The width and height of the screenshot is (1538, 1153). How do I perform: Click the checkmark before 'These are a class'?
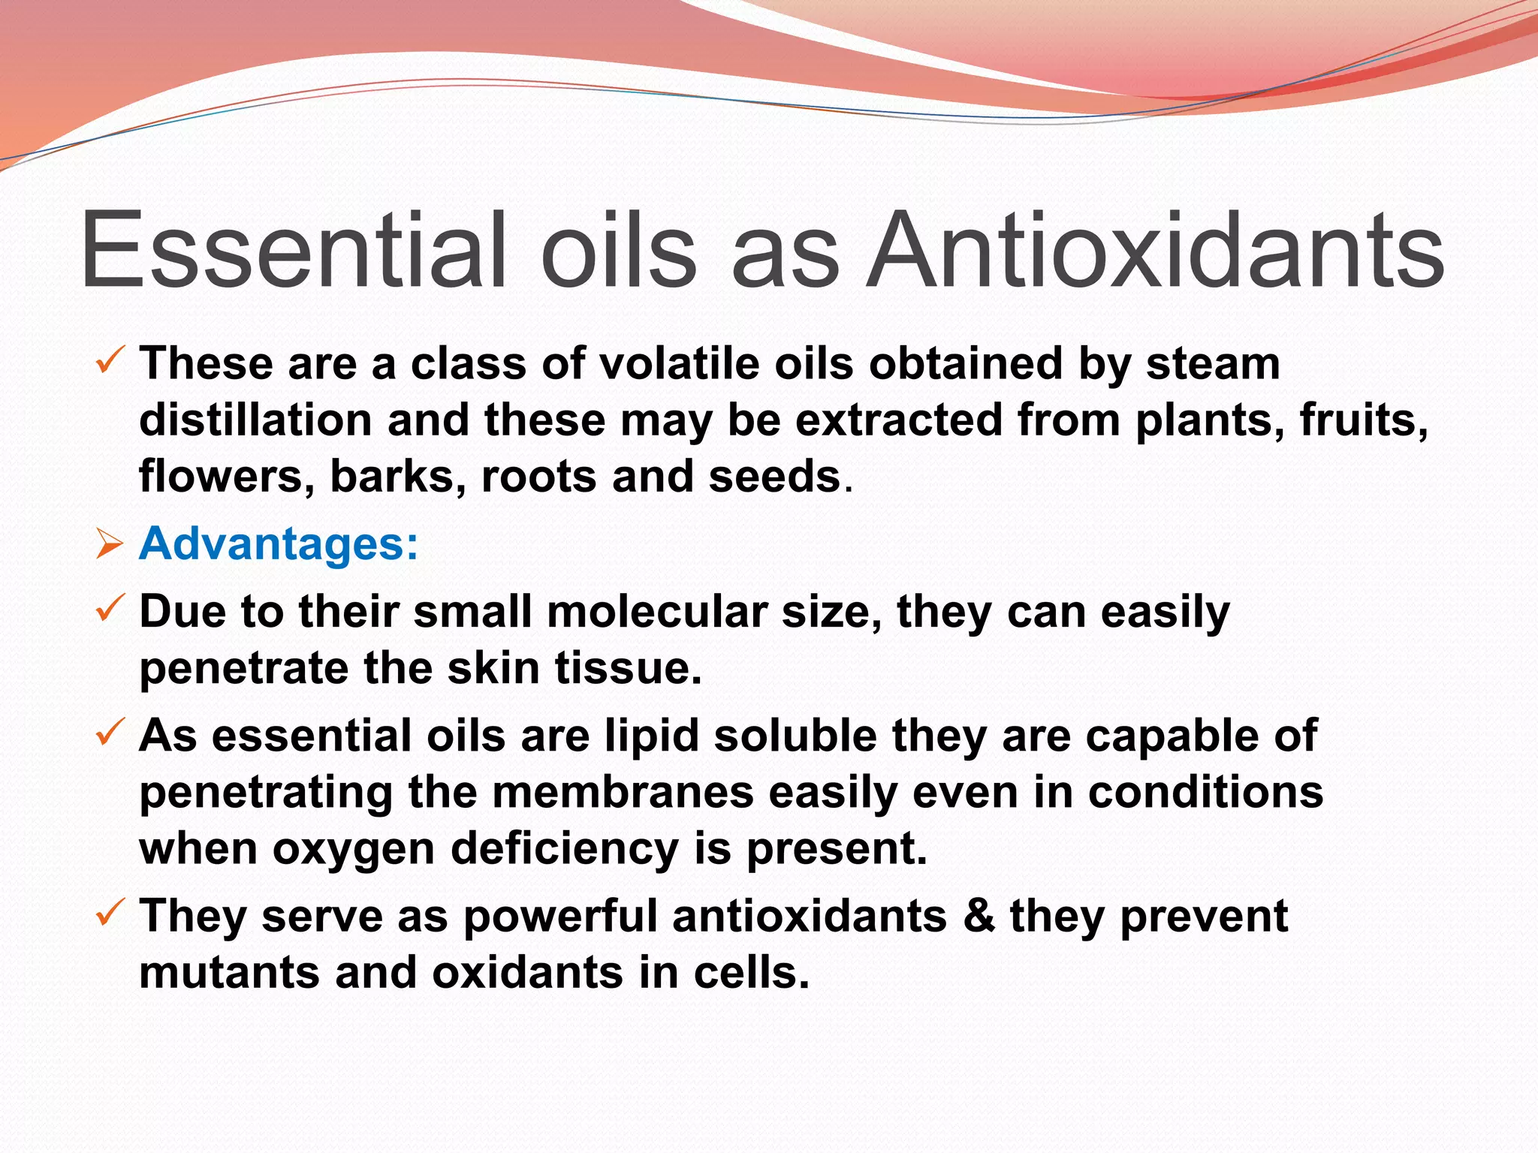[110, 363]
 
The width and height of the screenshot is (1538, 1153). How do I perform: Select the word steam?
[1213, 364]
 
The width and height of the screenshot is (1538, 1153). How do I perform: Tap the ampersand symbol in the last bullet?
[979, 917]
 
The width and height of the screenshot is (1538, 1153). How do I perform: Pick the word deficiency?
[565, 850]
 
